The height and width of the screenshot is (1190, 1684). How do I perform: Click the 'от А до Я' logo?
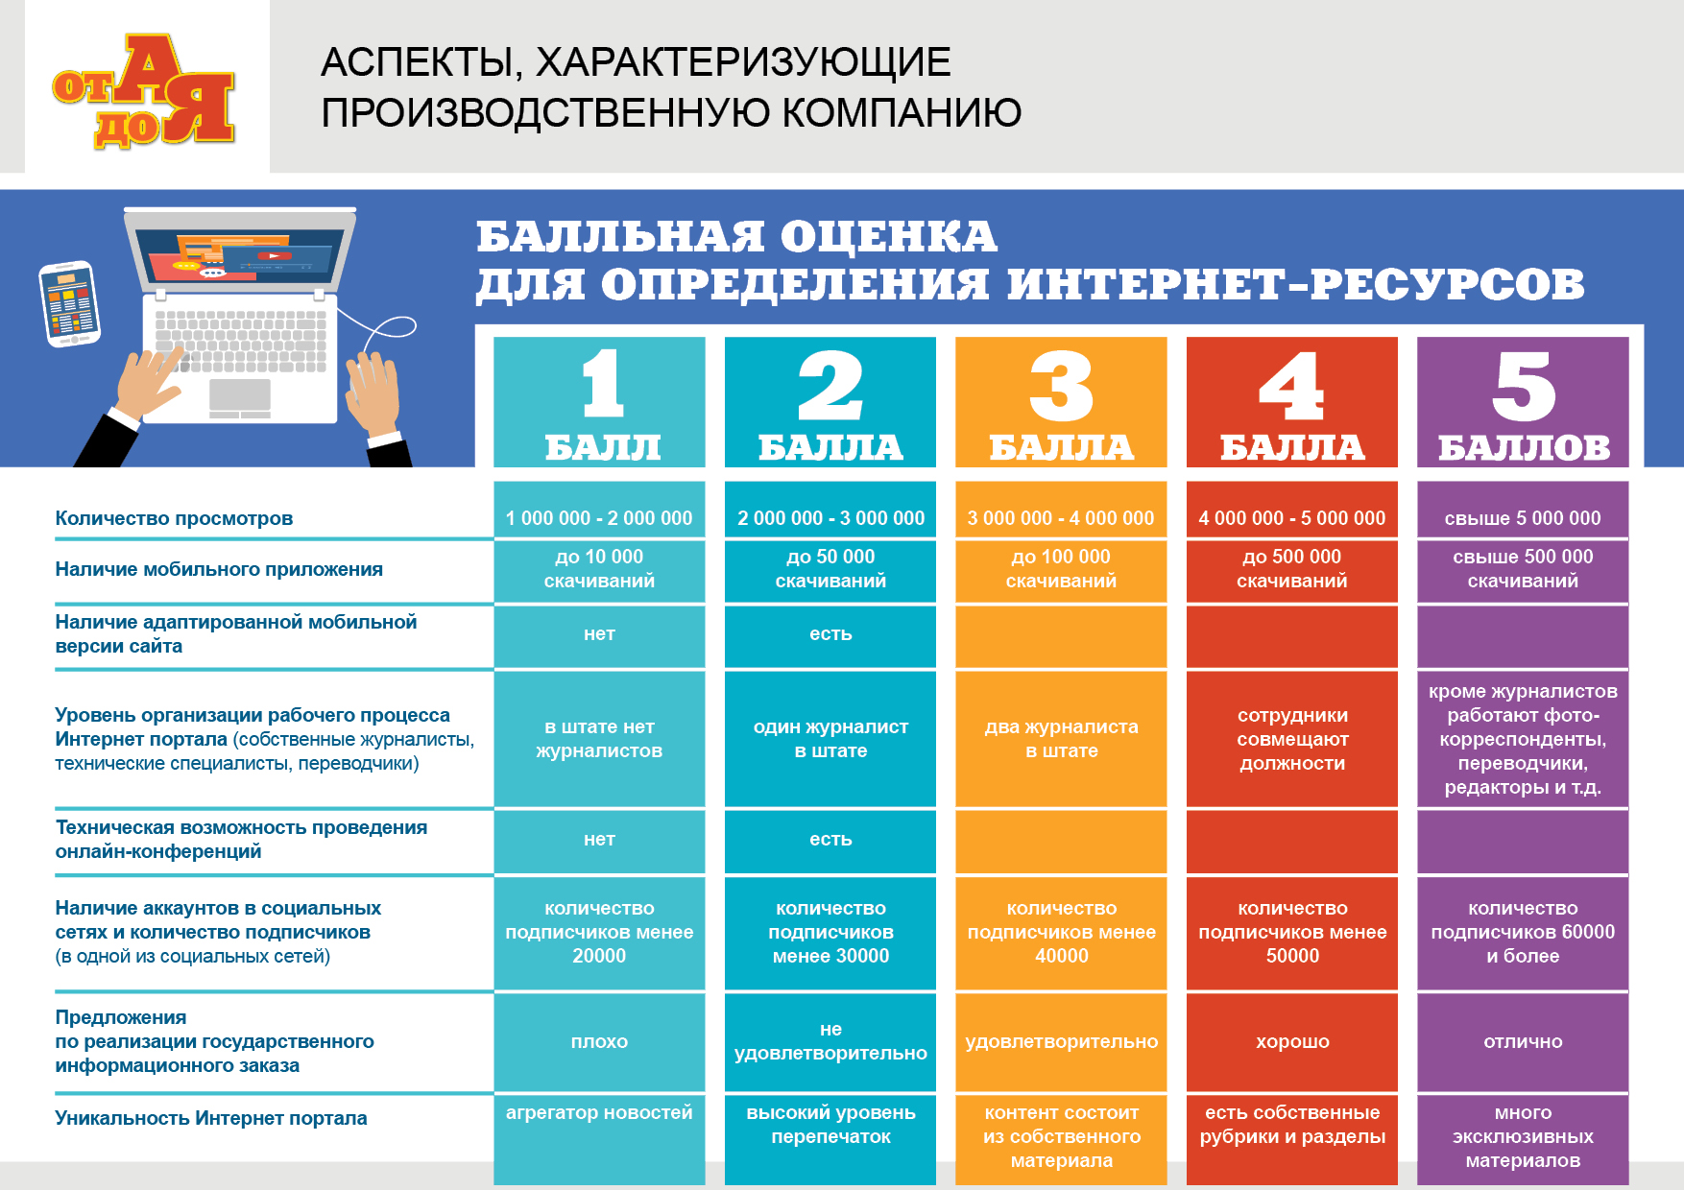144,91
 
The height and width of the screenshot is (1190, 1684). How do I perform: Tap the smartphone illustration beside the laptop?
69,304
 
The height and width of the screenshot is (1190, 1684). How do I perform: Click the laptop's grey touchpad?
240,394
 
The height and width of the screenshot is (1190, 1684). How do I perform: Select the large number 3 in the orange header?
1061,386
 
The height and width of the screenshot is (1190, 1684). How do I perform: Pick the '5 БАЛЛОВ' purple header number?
1524,386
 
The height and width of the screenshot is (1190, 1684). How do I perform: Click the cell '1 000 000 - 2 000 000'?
599,518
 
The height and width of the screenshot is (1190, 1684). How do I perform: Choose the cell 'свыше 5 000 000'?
1523,518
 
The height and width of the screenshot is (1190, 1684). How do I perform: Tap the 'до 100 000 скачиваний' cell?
1061,568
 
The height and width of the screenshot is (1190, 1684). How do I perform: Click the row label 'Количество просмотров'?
174,518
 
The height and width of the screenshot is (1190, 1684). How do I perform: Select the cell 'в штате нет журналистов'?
599,739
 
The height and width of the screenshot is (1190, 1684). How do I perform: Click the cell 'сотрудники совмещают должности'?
1292,739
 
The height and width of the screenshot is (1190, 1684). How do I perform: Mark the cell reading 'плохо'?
599,1041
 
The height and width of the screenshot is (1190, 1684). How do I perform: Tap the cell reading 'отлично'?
1523,1041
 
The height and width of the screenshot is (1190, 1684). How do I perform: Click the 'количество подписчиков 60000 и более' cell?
1523,932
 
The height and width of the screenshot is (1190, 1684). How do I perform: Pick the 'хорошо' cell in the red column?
1292,1041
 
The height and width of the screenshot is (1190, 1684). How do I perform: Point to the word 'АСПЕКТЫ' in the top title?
421,63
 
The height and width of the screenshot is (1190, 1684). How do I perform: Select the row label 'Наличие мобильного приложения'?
219,569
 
